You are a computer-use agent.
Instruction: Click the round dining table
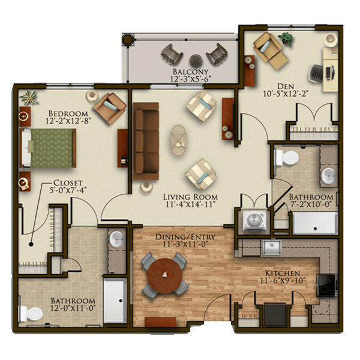[x=164, y=275]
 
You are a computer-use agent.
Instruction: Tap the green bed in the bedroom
[x=48, y=148]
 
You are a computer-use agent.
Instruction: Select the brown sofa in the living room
[x=146, y=141]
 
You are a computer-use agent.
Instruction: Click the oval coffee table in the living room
[x=178, y=140]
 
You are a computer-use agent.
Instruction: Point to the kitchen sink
[x=272, y=247]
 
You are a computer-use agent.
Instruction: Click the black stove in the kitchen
[x=327, y=285]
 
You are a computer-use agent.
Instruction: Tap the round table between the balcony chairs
[x=196, y=61]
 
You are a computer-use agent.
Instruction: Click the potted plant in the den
[x=286, y=38]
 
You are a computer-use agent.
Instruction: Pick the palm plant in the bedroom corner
[x=28, y=97]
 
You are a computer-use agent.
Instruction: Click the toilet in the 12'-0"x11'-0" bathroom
[x=31, y=314]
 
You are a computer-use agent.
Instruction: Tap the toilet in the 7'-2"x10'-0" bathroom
[x=287, y=157]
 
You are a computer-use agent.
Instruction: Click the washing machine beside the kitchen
[x=254, y=221]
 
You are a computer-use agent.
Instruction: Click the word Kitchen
[x=283, y=273]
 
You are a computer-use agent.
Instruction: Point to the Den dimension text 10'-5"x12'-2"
[x=286, y=94]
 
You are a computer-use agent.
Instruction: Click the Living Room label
[x=190, y=197]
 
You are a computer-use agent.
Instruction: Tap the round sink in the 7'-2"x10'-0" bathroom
[x=329, y=176]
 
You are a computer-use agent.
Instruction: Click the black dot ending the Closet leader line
[x=31, y=244]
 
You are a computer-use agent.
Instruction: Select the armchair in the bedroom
[x=110, y=109]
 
